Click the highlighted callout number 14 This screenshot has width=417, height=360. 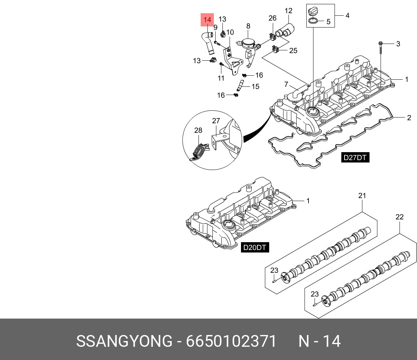tap(207, 20)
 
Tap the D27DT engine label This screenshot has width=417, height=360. tap(355, 157)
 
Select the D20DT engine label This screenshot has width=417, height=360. tap(255, 247)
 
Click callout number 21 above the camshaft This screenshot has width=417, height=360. tap(362, 196)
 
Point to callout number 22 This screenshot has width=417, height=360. tap(400, 217)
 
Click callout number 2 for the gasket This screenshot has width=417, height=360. tap(409, 117)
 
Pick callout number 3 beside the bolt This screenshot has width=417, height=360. tap(398, 44)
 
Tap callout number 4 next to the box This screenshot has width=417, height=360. tap(347, 15)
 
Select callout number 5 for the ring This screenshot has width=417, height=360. tap(328, 22)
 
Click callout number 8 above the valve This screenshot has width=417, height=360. tap(248, 26)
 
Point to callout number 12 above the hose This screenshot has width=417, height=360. tap(288, 11)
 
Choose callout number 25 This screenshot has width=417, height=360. tap(293, 51)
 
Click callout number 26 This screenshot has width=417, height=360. tap(272, 18)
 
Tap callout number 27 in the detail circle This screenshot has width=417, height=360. tap(216, 121)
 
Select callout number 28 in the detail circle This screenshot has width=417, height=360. tap(198, 131)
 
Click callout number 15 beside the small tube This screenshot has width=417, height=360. tap(255, 86)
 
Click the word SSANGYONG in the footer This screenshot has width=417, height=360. tap(124, 341)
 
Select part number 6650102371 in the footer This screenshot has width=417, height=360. tap(231, 341)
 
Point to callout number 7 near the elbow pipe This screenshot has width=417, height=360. tap(286, 85)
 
